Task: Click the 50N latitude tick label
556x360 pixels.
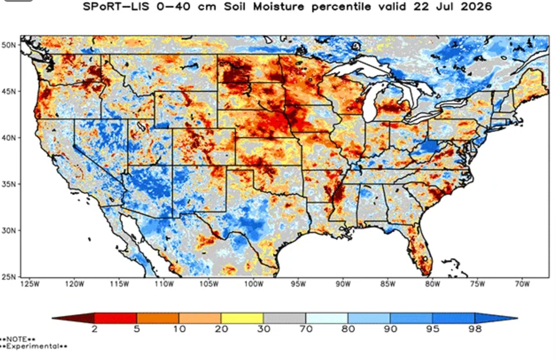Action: tap(8, 45)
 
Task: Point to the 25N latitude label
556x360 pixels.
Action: tap(8, 277)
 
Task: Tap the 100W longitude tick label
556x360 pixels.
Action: tap(254, 284)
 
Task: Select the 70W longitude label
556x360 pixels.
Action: tap(522, 284)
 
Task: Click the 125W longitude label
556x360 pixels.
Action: tap(30, 284)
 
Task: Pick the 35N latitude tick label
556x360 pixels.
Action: tap(8, 184)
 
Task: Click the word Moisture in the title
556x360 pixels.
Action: tap(279, 6)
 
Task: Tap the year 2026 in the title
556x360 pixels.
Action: tap(476, 6)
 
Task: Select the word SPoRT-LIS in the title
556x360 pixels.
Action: tap(116, 6)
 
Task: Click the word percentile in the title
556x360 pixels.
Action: tap(341, 7)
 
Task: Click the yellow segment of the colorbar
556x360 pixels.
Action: tap(242, 318)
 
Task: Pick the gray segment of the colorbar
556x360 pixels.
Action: tap(285, 318)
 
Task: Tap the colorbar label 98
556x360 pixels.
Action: tap(475, 329)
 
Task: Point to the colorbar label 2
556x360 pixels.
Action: tap(94, 329)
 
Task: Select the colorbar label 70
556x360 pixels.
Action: tap(306, 329)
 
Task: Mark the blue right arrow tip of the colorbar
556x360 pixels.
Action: tap(517, 318)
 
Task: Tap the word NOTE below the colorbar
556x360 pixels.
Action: tap(16, 339)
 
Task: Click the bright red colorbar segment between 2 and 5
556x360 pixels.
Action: tap(116, 318)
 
